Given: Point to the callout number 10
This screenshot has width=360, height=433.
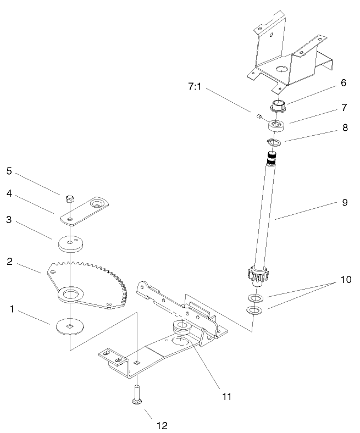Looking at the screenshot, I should click(345, 279).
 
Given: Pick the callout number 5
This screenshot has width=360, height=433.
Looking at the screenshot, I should click(9, 170).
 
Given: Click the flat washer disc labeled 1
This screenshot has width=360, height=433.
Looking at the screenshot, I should click(70, 326).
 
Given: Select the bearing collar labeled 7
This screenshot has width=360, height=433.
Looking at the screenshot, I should click(277, 126).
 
